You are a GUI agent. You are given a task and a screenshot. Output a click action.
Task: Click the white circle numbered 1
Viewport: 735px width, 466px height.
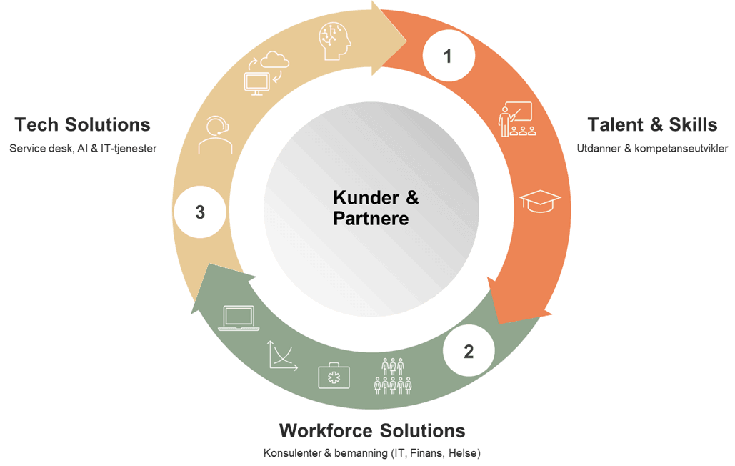pos(448,56)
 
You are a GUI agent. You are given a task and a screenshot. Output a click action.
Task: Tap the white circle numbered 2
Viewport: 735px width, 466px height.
pos(469,351)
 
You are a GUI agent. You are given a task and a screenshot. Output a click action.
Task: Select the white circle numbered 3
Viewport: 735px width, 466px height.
pos(200,212)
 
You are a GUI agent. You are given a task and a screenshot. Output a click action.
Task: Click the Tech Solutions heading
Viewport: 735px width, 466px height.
pos(83,124)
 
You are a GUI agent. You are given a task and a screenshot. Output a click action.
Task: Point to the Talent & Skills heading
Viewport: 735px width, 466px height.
pos(652,124)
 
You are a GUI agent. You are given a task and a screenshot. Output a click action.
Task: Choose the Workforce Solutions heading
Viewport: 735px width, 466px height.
pos(372,431)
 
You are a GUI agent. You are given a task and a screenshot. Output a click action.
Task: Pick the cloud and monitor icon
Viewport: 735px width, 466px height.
pos(265,72)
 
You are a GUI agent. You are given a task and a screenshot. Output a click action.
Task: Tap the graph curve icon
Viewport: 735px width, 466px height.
pos(283,355)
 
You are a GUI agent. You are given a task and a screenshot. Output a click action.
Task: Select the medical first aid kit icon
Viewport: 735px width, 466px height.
pos(333,375)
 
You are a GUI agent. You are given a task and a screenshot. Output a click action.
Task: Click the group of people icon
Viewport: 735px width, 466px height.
pos(393,375)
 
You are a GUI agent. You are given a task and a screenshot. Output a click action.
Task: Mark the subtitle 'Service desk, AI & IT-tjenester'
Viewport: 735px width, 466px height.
pos(83,149)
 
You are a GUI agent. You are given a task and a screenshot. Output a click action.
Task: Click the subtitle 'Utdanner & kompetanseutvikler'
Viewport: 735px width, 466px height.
pos(652,149)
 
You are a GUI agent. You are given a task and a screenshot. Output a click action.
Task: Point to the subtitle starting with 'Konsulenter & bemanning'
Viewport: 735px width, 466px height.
pos(372,454)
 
